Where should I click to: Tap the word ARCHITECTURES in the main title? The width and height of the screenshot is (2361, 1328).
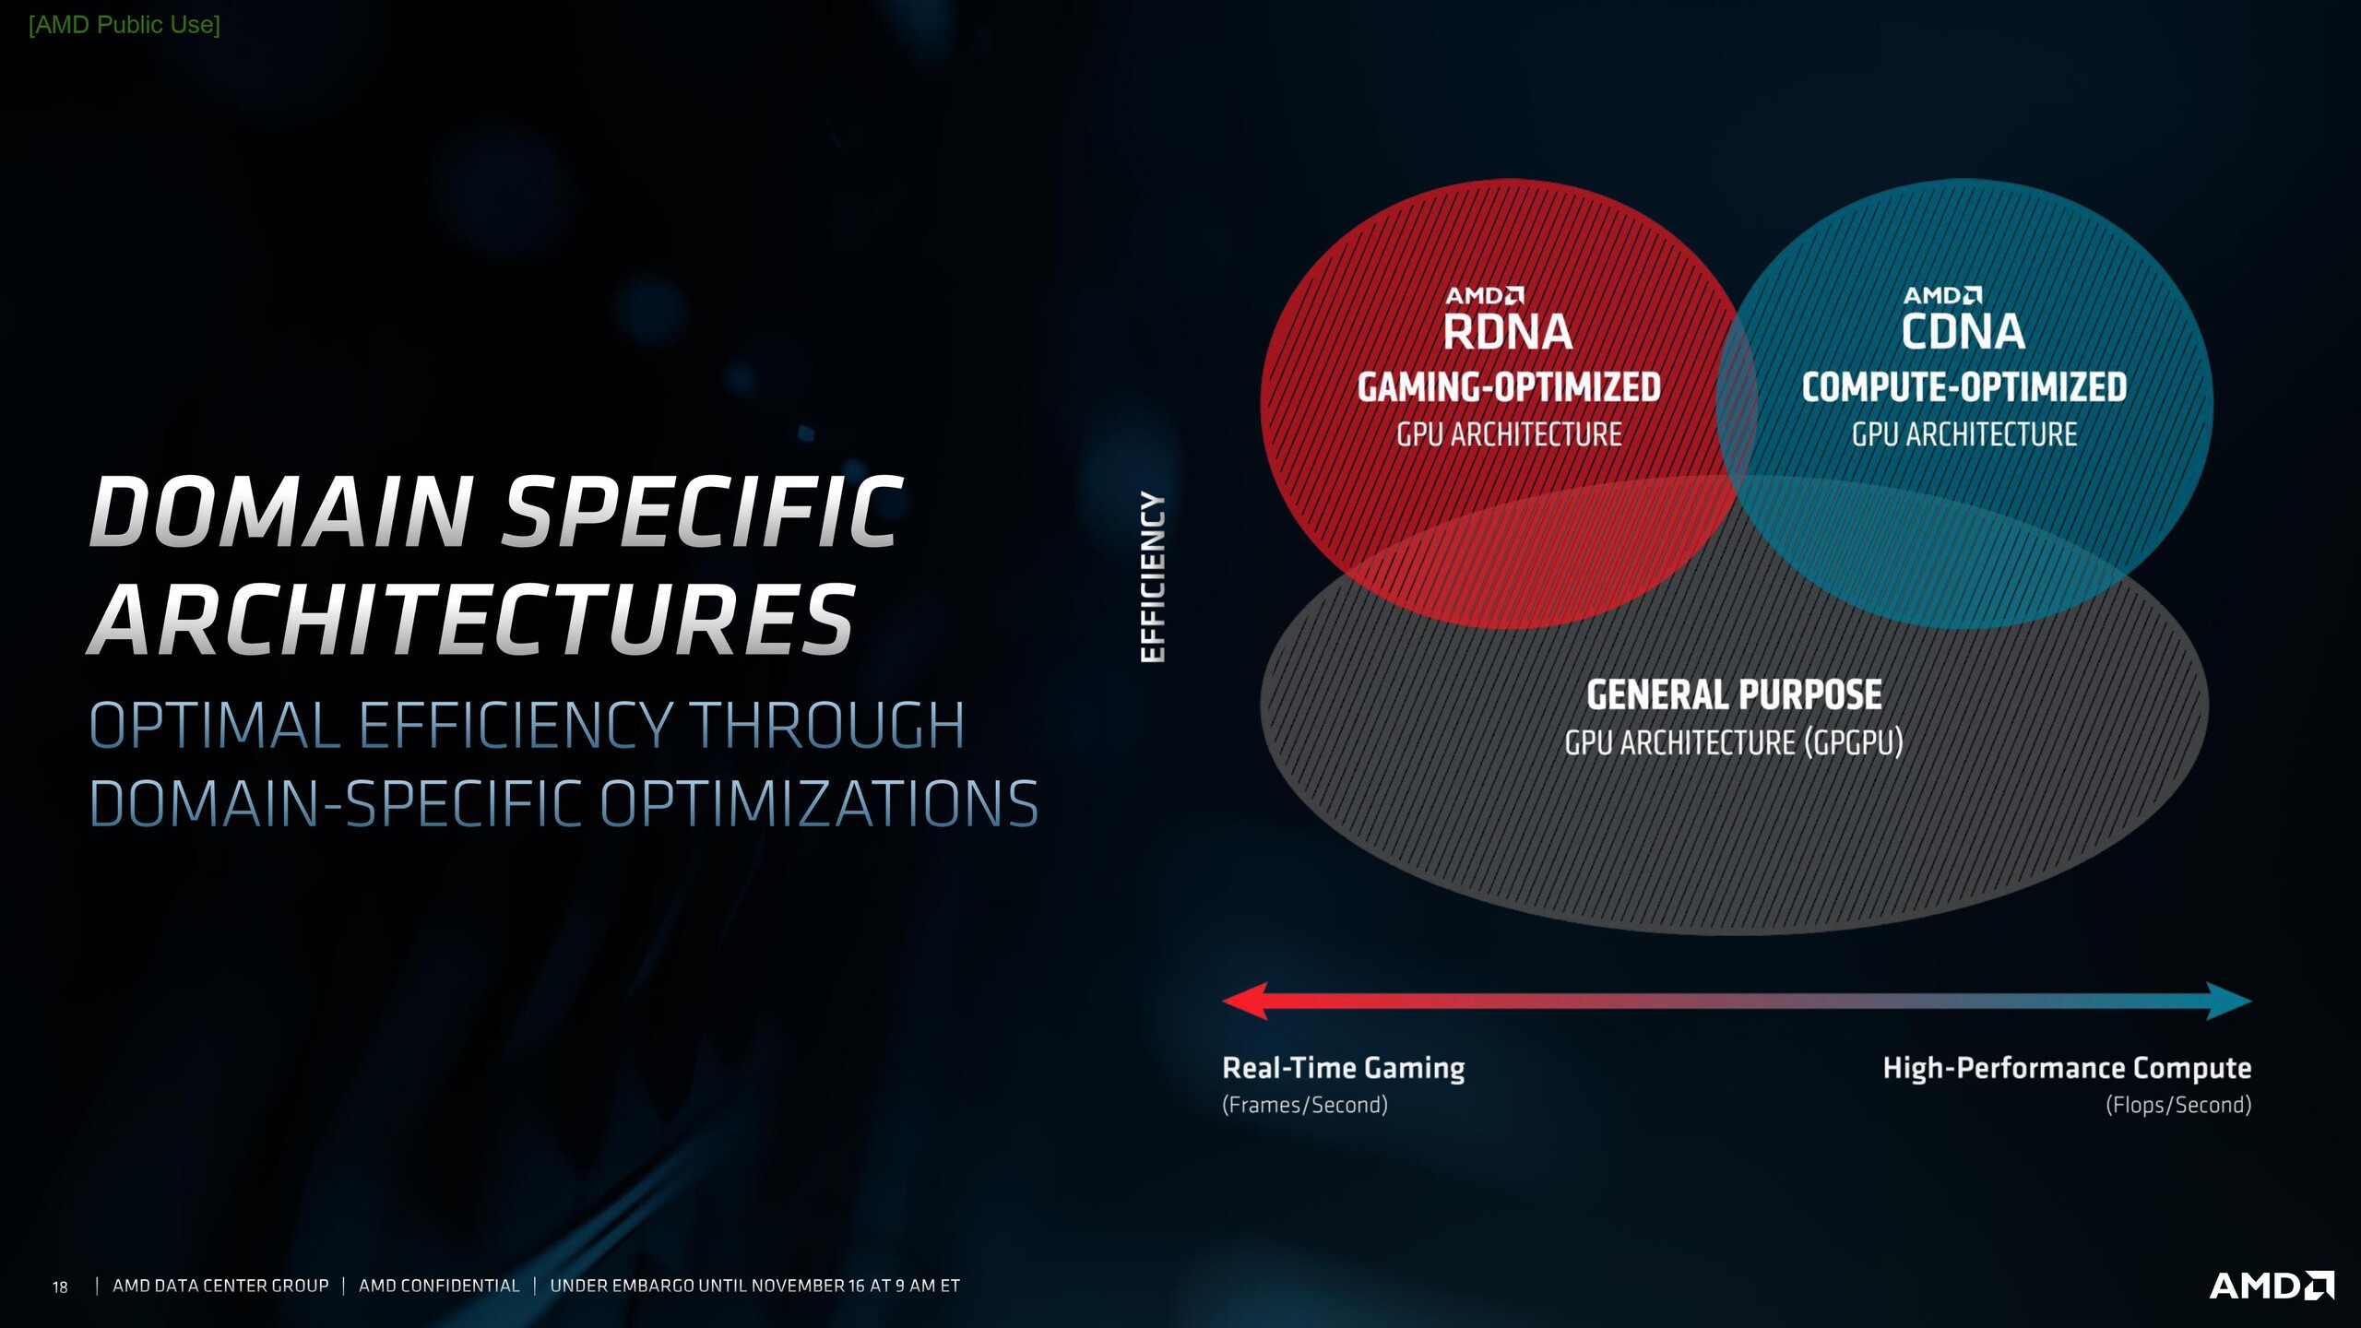[x=473, y=620]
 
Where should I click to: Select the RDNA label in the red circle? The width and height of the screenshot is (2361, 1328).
[x=1508, y=332]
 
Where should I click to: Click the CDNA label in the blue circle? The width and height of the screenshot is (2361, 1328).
[x=1964, y=332]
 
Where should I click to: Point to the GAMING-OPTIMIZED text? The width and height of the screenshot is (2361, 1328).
[x=1509, y=387]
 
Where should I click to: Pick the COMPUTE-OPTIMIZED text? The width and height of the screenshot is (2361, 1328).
[x=1964, y=387]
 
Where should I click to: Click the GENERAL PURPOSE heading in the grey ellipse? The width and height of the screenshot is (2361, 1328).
[x=1734, y=695]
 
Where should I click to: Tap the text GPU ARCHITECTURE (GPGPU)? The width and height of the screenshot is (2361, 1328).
[x=1734, y=743]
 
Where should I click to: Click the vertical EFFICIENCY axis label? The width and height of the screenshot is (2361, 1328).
[x=1153, y=576]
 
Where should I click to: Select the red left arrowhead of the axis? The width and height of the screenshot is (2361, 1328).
[x=1245, y=1001]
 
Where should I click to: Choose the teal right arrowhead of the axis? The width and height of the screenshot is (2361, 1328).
[x=2229, y=1001]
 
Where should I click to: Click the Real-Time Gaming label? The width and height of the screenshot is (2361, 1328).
[x=1344, y=1068]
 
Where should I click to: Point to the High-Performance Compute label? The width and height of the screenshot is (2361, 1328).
[x=2067, y=1068]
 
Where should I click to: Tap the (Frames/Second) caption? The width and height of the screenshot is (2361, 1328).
[x=1305, y=1105]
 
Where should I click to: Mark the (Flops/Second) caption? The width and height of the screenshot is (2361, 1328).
[x=2178, y=1105]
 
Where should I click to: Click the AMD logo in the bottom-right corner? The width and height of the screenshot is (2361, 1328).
[x=2272, y=1286]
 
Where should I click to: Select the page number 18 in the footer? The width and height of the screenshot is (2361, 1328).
[x=60, y=1286]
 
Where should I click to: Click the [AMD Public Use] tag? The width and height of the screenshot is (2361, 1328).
[x=125, y=25]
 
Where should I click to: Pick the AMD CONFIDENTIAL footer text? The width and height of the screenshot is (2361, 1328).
[x=439, y=1286]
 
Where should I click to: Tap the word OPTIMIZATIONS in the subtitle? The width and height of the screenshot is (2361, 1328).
[x=820, y=804]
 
